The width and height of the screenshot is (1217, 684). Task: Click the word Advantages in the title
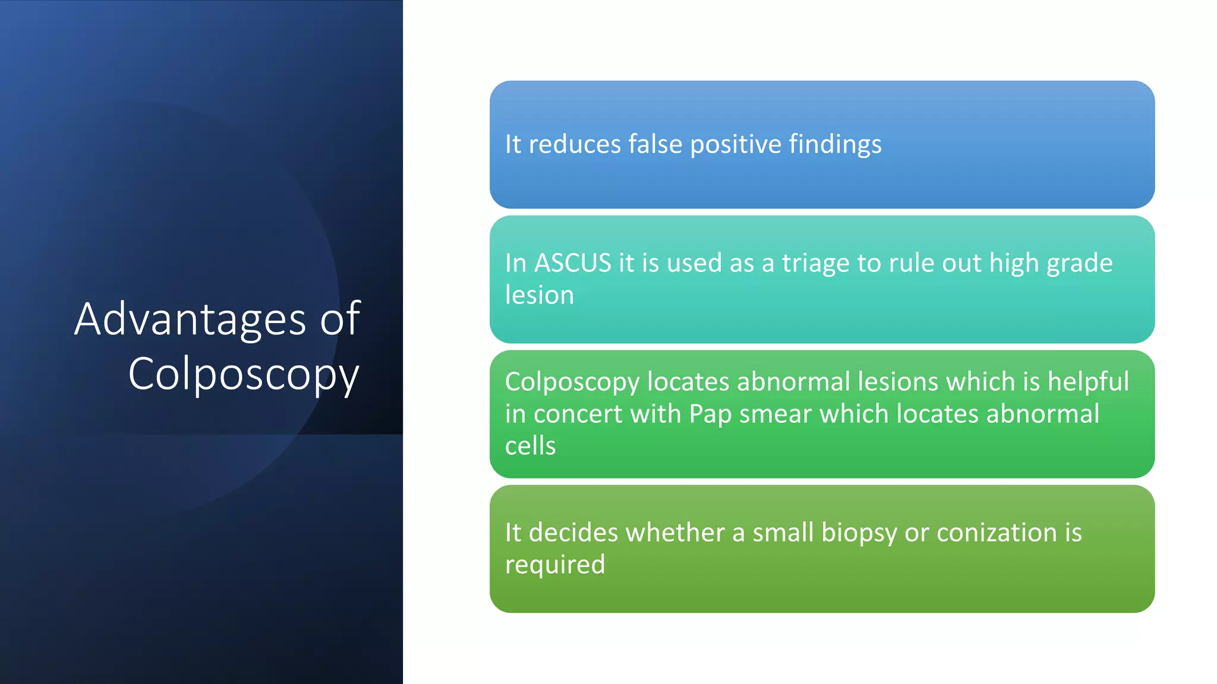point(190,319)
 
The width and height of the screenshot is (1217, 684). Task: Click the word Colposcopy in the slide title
point(244,374)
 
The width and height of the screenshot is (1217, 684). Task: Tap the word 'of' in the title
point(340,319)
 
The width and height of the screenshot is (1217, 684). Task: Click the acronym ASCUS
point(573,263)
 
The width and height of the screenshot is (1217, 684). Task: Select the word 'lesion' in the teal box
point(539,295)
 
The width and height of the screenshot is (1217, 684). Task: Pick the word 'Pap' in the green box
point(710,414)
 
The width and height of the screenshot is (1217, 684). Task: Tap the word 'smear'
point(775,414)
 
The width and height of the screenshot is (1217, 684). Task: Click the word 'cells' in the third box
point(530,445)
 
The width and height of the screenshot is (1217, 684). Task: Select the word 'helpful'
point(1087,382)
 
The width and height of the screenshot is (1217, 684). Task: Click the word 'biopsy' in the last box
point(859,533)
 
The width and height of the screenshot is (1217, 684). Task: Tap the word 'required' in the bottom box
point(554,565)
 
